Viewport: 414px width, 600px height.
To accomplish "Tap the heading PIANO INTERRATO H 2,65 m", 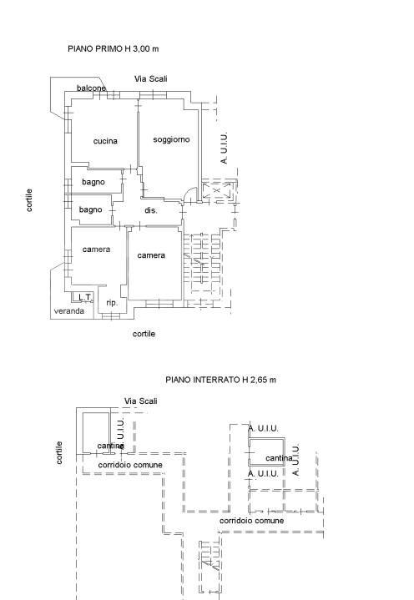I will tap(220, 380).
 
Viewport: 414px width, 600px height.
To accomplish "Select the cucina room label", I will tap(105, 141).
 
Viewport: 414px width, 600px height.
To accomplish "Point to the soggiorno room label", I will tap(171, 139).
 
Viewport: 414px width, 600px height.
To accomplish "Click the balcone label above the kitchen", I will tap(92, 88).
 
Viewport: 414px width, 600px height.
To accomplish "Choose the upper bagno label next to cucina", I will tap(92, 181).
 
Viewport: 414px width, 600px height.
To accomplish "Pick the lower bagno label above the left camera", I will tap(90, 209).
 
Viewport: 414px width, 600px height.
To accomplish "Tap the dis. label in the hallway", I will tap(151, 210).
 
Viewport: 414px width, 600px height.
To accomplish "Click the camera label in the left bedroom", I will tap(97, 250).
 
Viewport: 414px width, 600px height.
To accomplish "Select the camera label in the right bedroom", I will tap(151, 255).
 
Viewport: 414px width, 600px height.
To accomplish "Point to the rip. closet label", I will tap(111, 303).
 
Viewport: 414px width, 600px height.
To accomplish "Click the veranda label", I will tap(69, 310).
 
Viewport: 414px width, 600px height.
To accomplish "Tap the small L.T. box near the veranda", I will tap(83, 297).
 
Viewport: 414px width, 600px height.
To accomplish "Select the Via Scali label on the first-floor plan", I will tap(151, 78).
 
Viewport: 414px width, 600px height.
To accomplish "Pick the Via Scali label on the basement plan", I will tap(140, 401).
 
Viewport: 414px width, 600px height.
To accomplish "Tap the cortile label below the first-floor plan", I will tap(144, 334).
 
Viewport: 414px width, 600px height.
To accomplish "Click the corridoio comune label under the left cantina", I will tap(130, 464).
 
